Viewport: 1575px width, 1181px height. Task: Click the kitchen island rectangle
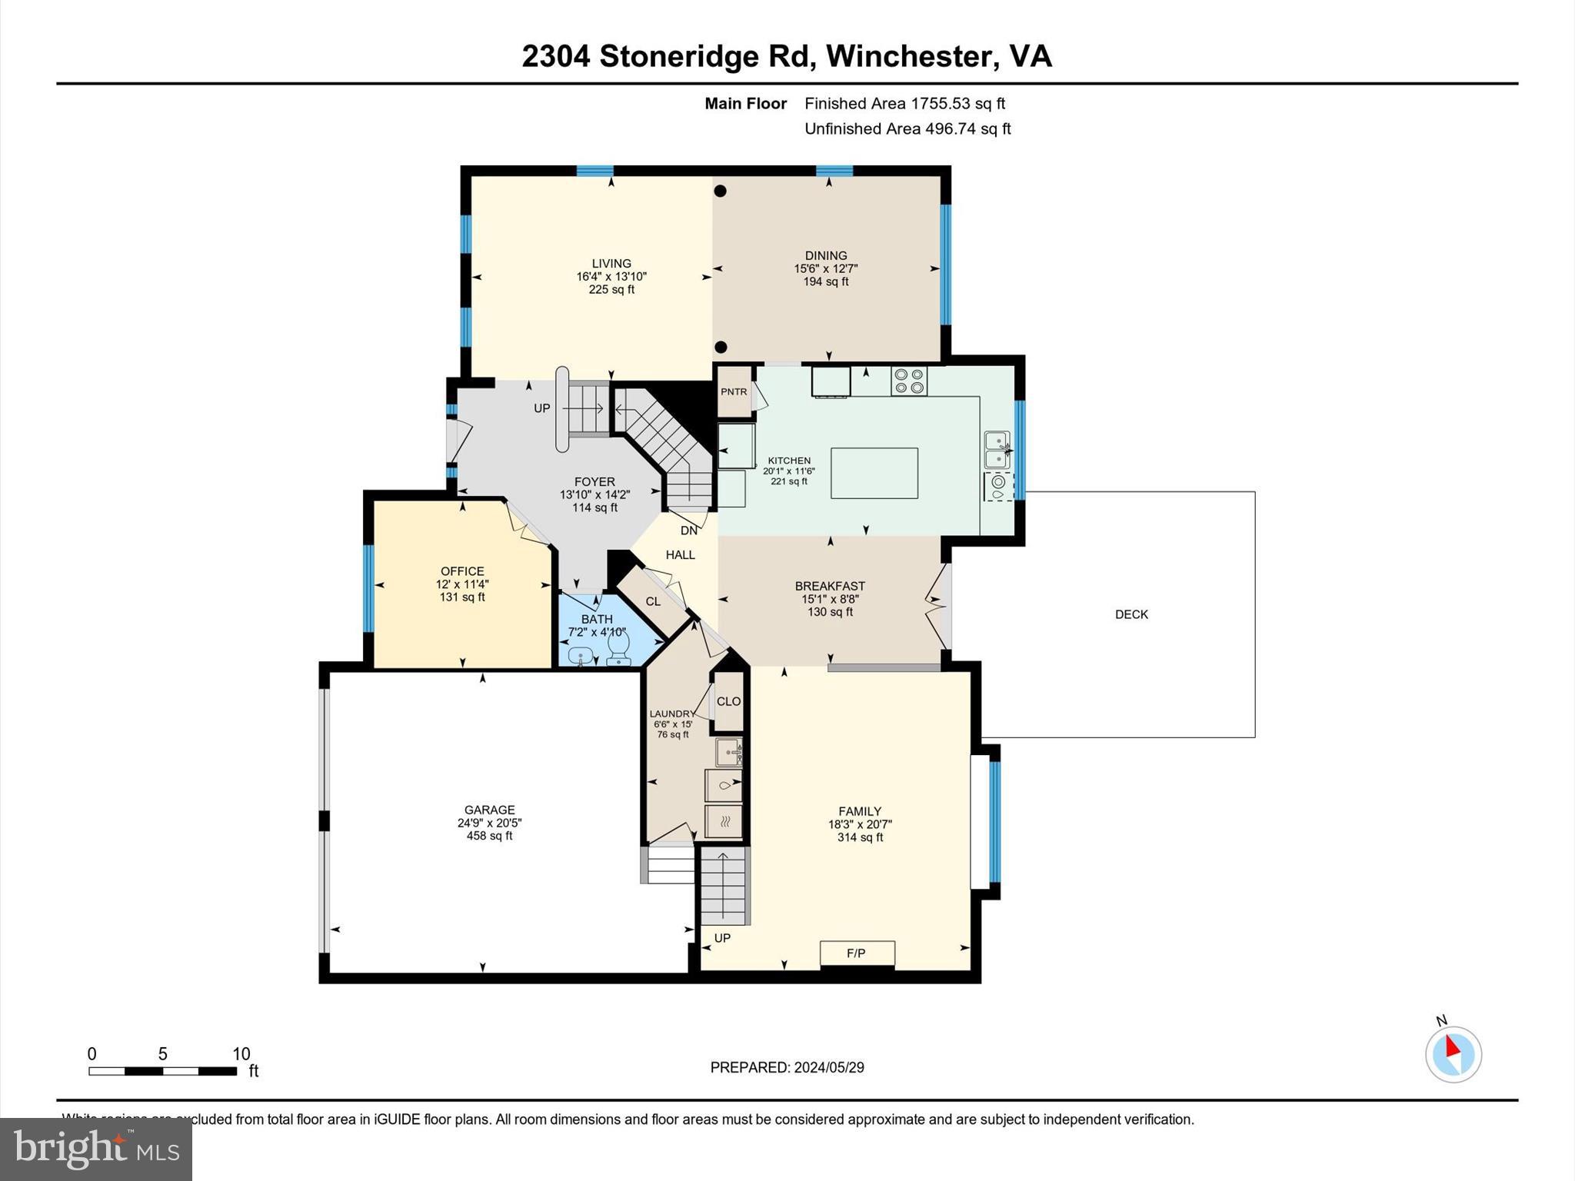pos(874,473)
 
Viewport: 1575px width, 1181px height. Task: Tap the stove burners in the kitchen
pos(909,381)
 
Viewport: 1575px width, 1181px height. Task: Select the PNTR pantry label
pos(734,391)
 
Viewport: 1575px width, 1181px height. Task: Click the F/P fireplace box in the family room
pos(857,953)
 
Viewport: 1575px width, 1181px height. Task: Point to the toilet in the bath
pos(619,649)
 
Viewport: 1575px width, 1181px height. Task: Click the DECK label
pos(1131,614)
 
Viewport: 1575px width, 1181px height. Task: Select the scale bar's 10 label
pos(241,1054)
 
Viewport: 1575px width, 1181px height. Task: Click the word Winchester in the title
pos(907,56)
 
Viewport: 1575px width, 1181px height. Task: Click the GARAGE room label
pos(490,810)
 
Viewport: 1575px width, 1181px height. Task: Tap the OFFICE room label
pos(462,571)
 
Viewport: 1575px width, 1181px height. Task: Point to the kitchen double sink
pos(997,450)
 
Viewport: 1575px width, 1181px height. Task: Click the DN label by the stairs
pos(689,531)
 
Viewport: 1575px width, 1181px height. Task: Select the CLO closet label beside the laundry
pos(728,701)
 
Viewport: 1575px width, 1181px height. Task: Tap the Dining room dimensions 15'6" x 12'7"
pos(826,269)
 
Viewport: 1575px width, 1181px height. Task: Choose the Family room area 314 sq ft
pos(861,837)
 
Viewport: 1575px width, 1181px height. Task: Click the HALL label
pos(681,554)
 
